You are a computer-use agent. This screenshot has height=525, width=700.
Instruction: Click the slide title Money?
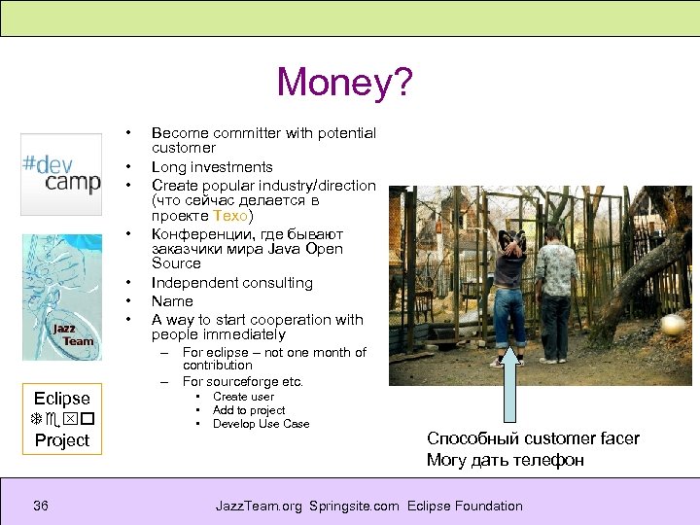tap(344, 83)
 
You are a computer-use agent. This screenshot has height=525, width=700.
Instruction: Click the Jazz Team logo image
tap(61, 297)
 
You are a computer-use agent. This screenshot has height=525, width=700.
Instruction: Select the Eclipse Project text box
tap(61, 419)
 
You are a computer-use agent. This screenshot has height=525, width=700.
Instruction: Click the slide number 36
tap(40, 506)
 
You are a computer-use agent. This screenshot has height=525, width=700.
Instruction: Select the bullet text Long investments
tap(212, 167)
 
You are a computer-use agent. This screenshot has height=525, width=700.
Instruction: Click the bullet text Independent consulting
tap(231, 283)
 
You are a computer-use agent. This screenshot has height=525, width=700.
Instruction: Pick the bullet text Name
tap(172, 301)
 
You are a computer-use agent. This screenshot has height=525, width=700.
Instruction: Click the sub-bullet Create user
tap(243, 397)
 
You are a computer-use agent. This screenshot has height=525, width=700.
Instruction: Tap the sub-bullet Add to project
tap(249, 410)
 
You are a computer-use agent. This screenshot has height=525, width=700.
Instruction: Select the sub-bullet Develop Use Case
tap(261, 424)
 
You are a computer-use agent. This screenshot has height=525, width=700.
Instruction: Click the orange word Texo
tap(236, 216)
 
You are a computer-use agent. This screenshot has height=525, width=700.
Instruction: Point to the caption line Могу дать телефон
tap(505, 460)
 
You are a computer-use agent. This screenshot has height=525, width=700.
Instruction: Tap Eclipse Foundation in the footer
tap(465, 506)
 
